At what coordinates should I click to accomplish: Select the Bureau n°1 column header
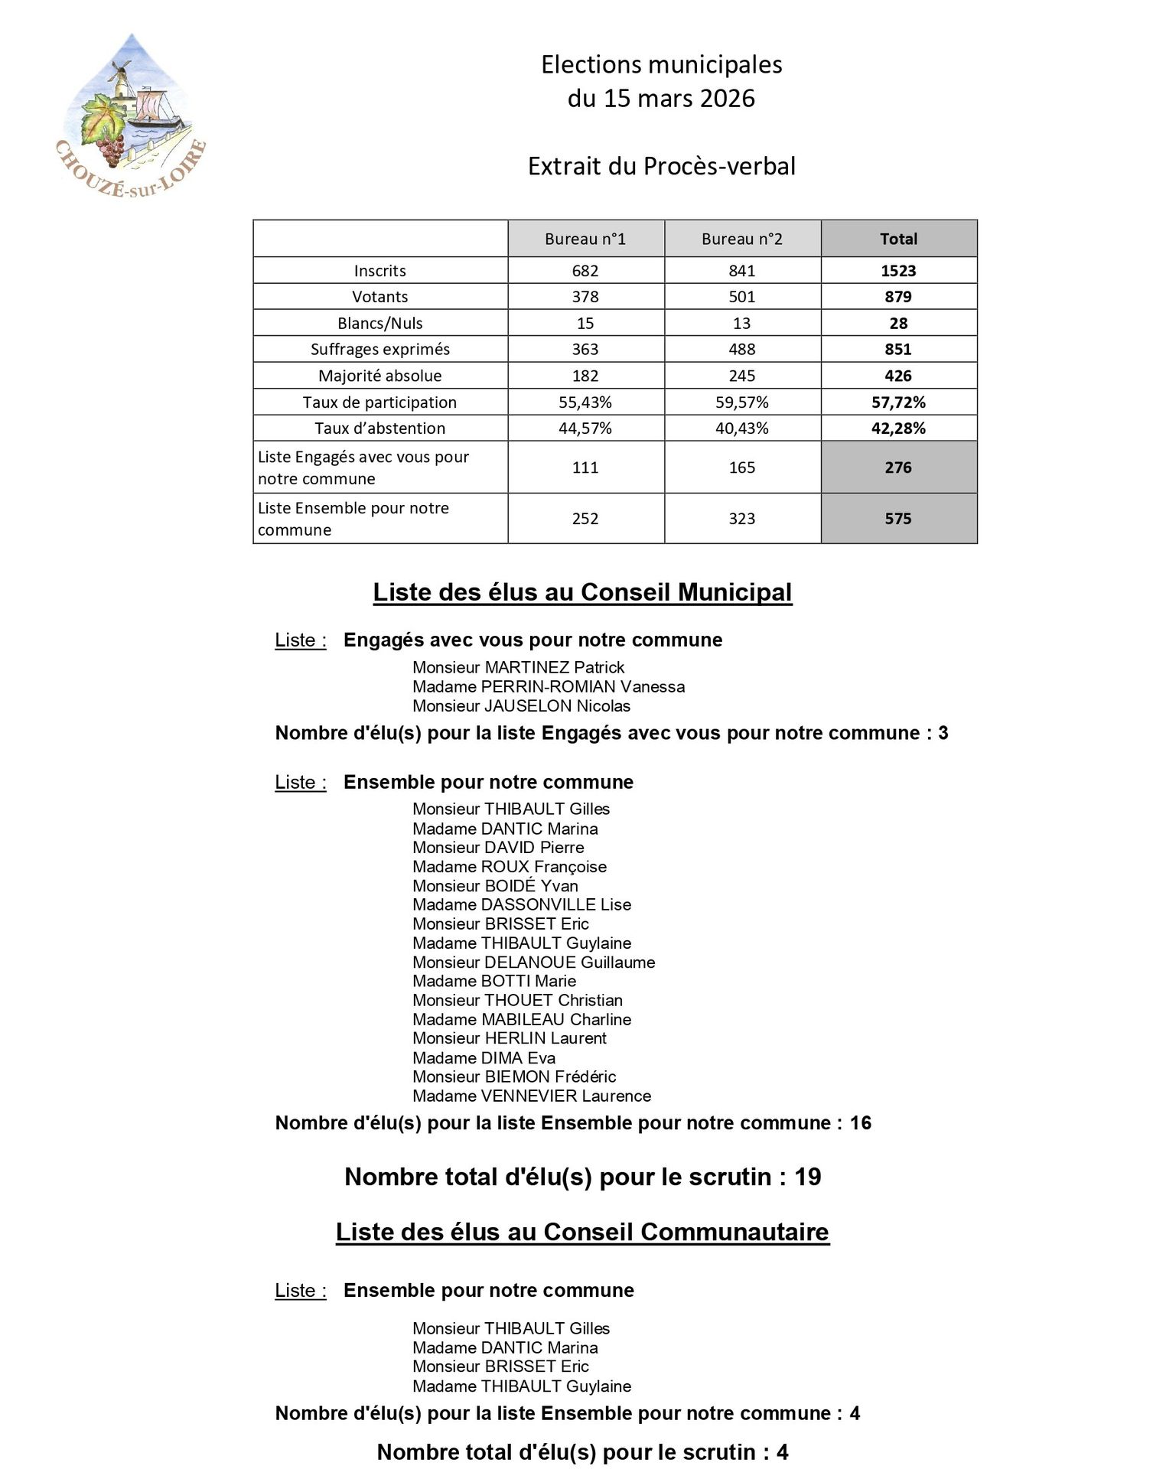click(x=585, y=239)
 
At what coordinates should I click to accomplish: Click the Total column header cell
click(x=898, y=239)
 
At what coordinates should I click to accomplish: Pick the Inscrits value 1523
click(x=898, y=271)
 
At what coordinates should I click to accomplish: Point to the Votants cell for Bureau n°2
click(x=741, y=297)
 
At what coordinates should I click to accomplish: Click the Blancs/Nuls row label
click(x=379, y=323)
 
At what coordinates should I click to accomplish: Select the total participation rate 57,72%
click(x=898, y=402)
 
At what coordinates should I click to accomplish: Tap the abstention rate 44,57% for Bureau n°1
click(x=585, y=428)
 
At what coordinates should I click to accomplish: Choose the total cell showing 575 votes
click(x=898, y=519)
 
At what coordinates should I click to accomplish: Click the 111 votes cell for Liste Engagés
click(x=585, y=467)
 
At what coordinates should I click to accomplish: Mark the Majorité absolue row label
click(x=379, y=376)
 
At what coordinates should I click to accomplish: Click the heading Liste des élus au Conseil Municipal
click(x=582, y=592)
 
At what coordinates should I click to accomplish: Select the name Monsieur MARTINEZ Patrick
click(x=518, y=667)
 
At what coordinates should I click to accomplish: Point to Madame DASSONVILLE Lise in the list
click(x=522, y=904)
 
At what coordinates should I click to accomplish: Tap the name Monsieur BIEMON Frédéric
click(x=514, y=1077)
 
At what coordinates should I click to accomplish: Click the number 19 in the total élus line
click(x=808, y=1177)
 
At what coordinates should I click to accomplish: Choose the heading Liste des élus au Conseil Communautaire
click(x=582, y=1232)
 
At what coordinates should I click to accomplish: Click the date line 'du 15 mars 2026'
click(x=661, y=99)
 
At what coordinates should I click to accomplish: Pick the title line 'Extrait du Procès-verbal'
click(x=661, y=166)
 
